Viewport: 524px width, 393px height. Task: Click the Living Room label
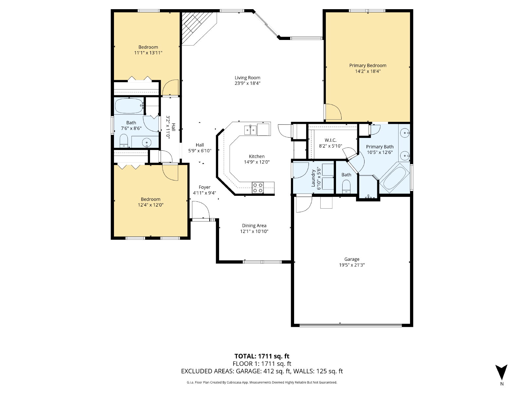tap(247, 78)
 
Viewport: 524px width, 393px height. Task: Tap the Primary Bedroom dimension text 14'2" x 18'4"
tap(368, 71)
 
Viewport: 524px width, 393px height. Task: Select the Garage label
tap(352, 259)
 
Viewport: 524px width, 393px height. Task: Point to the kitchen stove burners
tap(258, 188)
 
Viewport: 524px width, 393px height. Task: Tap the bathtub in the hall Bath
tap(129, 106)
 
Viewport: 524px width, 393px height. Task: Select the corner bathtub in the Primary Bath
tap(394, 178)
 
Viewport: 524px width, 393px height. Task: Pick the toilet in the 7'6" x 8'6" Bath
tap(124, 141)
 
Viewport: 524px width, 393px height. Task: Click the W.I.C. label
tap(330, 140)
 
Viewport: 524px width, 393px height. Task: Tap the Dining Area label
tap(254, 226)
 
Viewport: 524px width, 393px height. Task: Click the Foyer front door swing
tap(200, 210)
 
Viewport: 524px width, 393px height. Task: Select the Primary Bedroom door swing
tap(333, 112)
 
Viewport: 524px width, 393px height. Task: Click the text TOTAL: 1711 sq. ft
tap(262, 356)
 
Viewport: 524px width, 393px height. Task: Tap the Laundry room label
tap(313, 178)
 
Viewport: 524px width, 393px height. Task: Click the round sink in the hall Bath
tap(147, 142)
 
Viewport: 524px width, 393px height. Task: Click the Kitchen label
tap(257, 156)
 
